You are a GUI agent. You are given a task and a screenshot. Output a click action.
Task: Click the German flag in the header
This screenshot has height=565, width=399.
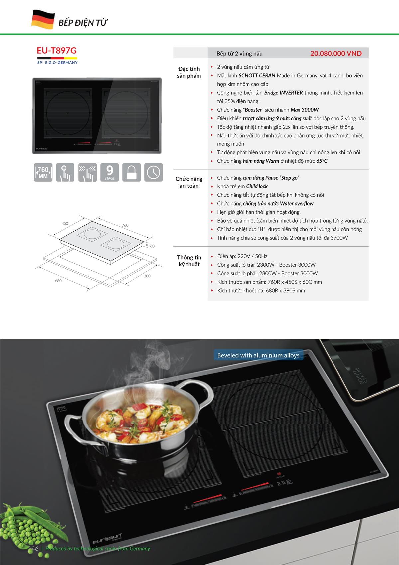43,19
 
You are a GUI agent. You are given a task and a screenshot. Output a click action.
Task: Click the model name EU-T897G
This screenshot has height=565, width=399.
57,50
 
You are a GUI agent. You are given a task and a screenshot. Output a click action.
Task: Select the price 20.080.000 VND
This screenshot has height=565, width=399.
336,53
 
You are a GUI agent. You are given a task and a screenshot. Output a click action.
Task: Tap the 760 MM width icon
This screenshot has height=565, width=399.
43,172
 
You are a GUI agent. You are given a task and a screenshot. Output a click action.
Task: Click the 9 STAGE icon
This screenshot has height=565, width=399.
109,172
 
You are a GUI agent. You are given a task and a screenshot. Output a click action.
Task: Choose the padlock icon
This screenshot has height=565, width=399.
131,172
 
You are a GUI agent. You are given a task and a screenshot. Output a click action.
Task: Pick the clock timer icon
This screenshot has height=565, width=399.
153,172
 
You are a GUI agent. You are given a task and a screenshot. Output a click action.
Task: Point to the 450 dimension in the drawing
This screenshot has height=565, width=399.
65,223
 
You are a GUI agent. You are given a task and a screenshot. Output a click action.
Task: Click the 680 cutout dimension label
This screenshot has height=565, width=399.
58,281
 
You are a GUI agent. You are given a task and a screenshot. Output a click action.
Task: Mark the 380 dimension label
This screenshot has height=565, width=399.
147,276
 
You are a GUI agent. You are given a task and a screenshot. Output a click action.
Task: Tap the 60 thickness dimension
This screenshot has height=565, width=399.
152,246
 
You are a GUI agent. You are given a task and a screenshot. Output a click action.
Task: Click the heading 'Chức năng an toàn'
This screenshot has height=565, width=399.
189,182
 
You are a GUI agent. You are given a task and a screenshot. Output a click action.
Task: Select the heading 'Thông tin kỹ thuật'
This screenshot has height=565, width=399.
189,261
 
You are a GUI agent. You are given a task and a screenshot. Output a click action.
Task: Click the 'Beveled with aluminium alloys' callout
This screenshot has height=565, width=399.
258,355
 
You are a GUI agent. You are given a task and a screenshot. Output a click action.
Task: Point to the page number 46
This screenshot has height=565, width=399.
35,548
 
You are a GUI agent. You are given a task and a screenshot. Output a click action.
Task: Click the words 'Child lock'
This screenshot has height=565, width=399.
257,186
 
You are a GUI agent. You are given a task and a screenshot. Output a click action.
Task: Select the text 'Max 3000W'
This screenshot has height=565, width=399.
305,110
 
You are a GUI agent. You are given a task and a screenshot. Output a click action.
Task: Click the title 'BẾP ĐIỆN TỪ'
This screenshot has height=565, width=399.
83,23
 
